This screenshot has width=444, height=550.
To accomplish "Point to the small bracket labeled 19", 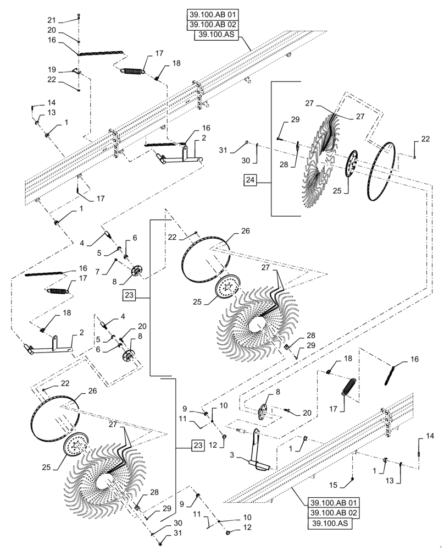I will pyautogui.click(x=78, y=71).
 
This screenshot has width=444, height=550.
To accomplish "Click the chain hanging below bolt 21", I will pyautogui.click(x=102, y=53).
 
